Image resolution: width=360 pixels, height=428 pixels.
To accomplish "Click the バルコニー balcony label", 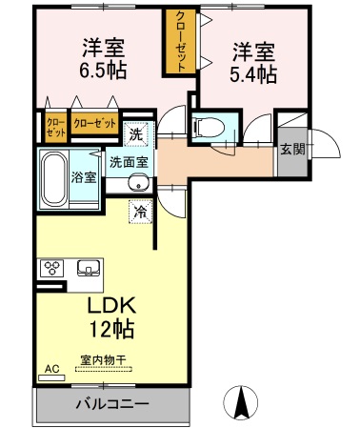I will (x=112, y=403).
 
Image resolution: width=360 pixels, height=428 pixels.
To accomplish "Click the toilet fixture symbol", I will (x=206, y=127).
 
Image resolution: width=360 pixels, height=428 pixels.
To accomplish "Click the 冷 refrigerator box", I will (x=140, y=212).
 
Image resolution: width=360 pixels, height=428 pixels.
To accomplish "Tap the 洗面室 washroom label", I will (x=129, y=161).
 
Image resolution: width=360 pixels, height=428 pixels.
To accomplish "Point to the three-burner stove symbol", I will (x=50, y=268).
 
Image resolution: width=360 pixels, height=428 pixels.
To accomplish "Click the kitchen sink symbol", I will (x=89, y=268).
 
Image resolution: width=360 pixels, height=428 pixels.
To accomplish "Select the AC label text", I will (x=50, y=365).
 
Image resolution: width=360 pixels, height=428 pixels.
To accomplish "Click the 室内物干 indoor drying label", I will (x=103, y=359).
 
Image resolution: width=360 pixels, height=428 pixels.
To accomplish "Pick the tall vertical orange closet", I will (x=178, y=41).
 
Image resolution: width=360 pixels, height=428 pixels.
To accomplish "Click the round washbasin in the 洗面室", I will (x=139, y=184).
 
